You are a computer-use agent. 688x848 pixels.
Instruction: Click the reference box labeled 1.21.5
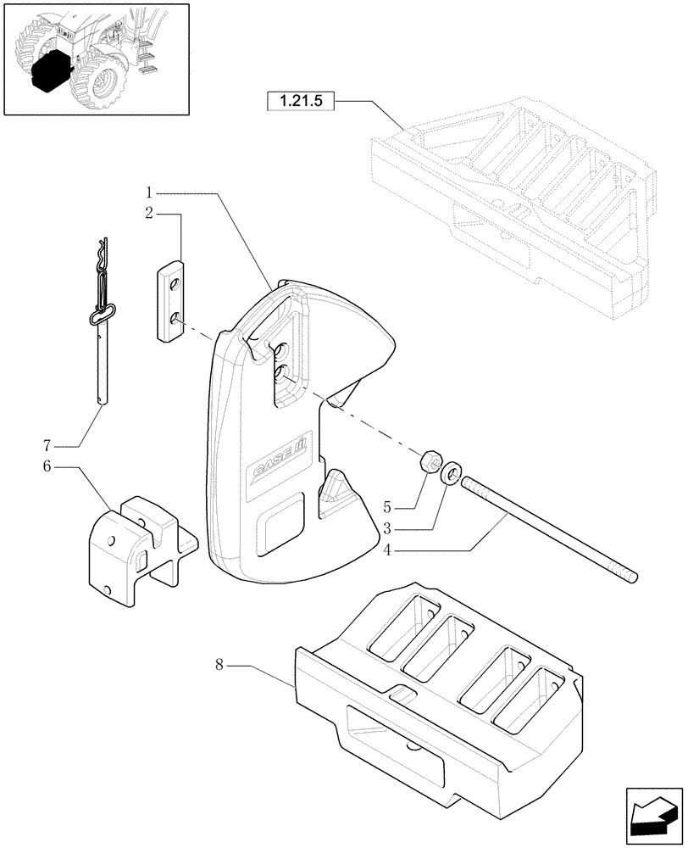coord(301,102)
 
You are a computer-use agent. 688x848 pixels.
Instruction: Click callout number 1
coord(148,194)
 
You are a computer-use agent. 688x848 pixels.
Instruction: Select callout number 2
coord(148,213)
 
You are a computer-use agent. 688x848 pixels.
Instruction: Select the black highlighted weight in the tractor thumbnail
coord(49,70)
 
